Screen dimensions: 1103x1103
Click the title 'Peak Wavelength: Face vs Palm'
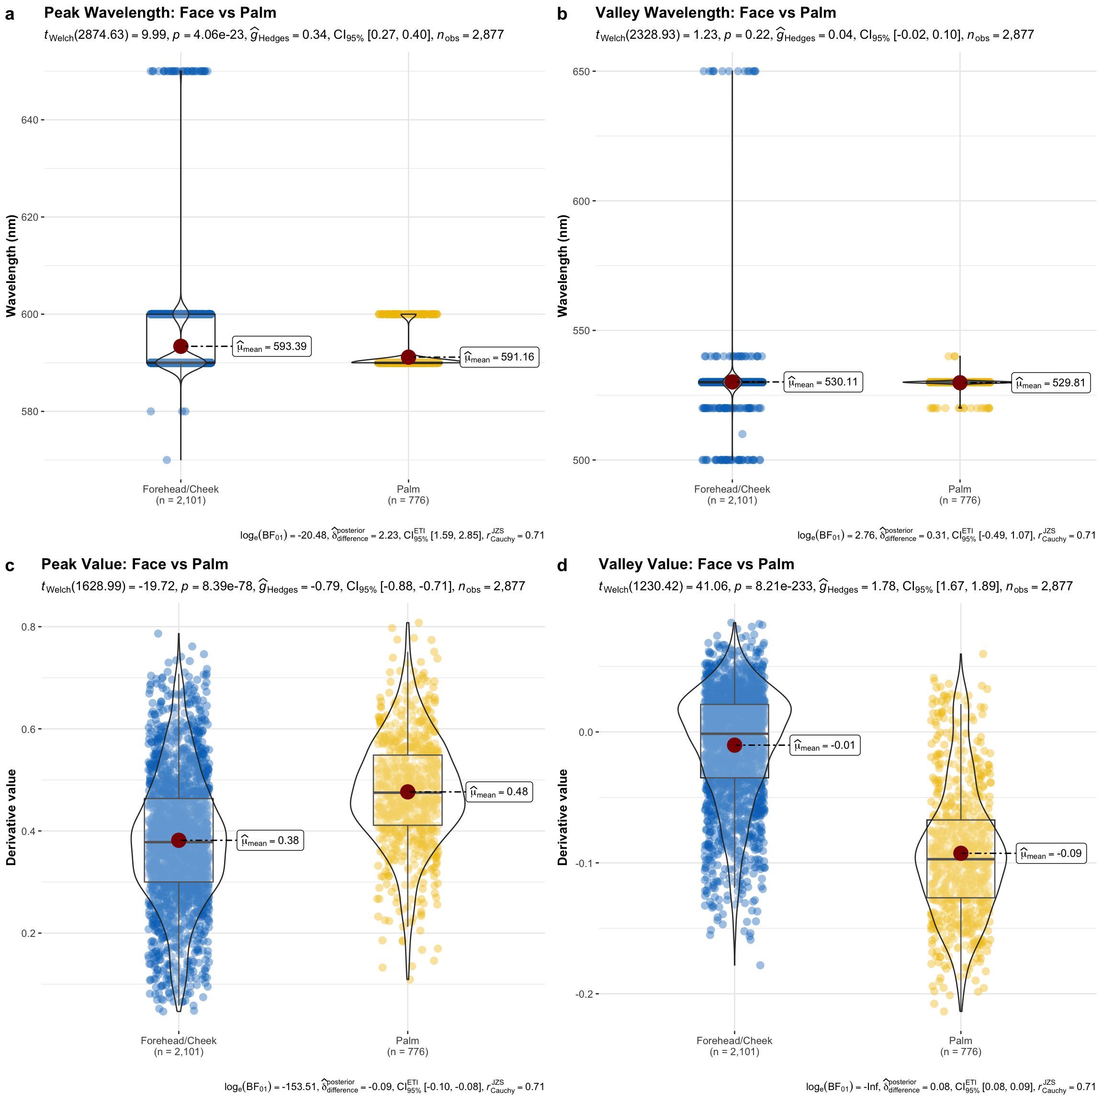point(160,12)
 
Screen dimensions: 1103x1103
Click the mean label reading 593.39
point(272,347)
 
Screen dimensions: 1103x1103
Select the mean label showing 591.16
point(499,358)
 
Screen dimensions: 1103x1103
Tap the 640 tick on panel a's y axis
point(30,120)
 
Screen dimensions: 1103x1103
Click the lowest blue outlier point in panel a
point(167,460)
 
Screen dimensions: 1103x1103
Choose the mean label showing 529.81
point(1050,383)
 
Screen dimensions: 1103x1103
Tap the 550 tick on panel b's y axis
point(581,330)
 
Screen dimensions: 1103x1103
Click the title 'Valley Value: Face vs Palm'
point(696,564)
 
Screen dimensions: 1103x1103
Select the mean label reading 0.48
point(499,792)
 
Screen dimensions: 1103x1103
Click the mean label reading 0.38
point(270,840)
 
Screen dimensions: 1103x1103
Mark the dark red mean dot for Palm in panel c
point(407,792)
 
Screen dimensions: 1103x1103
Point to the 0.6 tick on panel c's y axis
point(29,729)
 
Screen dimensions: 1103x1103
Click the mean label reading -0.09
point(1050,854)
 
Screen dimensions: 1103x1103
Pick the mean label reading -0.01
point(824,745)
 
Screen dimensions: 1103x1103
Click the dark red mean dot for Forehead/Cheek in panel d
point(734,744)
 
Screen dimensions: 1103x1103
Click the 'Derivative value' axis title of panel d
point(563,817)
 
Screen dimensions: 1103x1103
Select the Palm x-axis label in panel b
point(960,495)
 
